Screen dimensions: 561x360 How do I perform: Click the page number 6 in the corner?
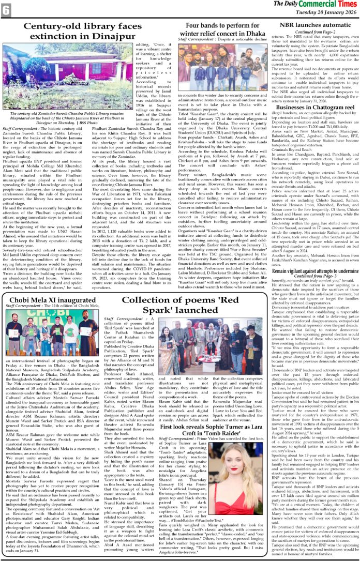pyautogui.click(x=7, y=9)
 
